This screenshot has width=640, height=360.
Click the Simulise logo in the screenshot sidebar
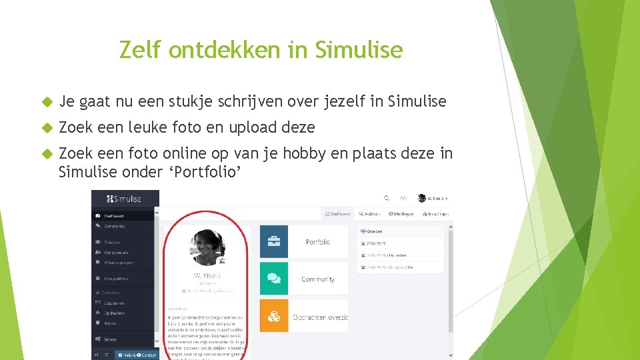pos(125,199)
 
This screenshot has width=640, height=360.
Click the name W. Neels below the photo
pos(207,276)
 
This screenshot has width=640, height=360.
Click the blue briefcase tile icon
pos(274,241)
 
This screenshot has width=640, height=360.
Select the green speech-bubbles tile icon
pos(274,279)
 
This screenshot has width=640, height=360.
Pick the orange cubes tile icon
pos(274,315)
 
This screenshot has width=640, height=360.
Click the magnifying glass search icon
pos(385,198)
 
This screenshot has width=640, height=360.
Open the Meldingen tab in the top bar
pos(402,214)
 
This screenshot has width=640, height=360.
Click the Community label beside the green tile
pos(318,279)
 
